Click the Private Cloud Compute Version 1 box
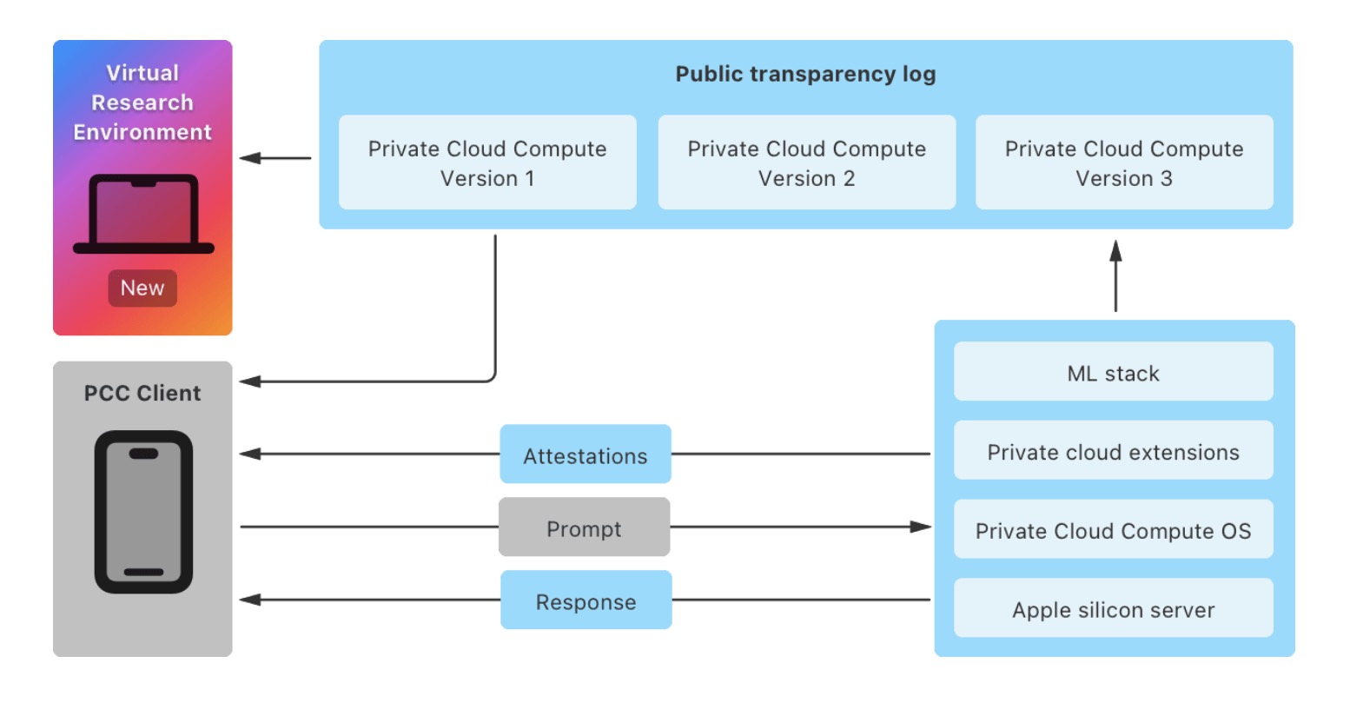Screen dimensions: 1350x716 click(487, 162)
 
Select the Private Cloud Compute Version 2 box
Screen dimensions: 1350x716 click(807, 162)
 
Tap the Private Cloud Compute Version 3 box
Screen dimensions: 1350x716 click(1125, 162)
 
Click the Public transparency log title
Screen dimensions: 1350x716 click(806, 74)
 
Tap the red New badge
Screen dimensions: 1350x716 click(142, 288)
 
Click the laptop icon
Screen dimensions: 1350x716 click(143, 214)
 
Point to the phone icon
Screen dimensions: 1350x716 click(143, 512)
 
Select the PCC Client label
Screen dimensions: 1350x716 click(142, 393)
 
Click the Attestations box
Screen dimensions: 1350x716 click(586, 454)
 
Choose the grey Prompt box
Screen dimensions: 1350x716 click(584, 527)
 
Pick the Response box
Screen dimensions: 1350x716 click(586, 600)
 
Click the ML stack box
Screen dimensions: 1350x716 click(1114, 371)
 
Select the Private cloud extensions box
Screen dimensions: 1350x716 click(1114, 450)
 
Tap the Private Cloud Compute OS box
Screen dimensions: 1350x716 click(1114, 529)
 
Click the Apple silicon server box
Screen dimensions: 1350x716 click(1114, 607)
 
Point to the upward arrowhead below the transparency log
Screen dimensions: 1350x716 click(1116, 250)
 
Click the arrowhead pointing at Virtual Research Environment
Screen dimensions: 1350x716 click(250, 158)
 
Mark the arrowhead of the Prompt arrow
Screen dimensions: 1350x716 click(920, 527)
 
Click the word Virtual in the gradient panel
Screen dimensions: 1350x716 click(142, 73)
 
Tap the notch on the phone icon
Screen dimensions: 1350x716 click(143, 454)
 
